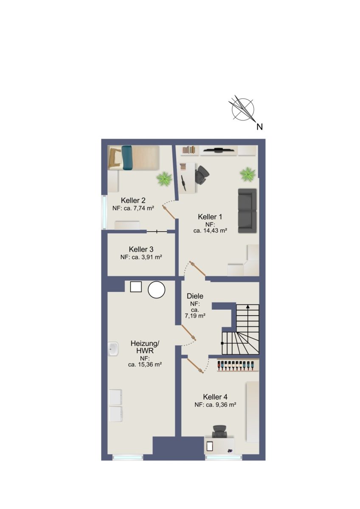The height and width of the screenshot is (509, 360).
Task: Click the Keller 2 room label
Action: [x=133, y=200]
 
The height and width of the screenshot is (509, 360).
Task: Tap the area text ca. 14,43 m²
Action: [x=211, y=231]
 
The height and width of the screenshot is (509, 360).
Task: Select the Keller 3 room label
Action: [x=141, y=249]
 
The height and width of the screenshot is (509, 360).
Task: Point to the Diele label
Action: [x=195, y=296]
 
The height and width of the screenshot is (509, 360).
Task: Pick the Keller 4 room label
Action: [x=215, y=397]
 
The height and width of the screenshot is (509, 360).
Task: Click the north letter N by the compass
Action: [x=259, y=127]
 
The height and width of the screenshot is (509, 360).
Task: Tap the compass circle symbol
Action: [x=243, y=109]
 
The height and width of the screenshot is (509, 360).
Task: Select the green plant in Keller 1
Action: [x=247, y=174]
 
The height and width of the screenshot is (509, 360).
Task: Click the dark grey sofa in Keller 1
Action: [x=247, y=211]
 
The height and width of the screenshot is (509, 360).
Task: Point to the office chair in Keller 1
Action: [x=202, y=174]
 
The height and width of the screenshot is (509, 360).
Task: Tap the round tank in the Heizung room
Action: [x=157, y=290]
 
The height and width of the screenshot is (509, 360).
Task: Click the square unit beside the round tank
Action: [x=136, y=287]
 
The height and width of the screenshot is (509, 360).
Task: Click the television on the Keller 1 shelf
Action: [x=219, y=149]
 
